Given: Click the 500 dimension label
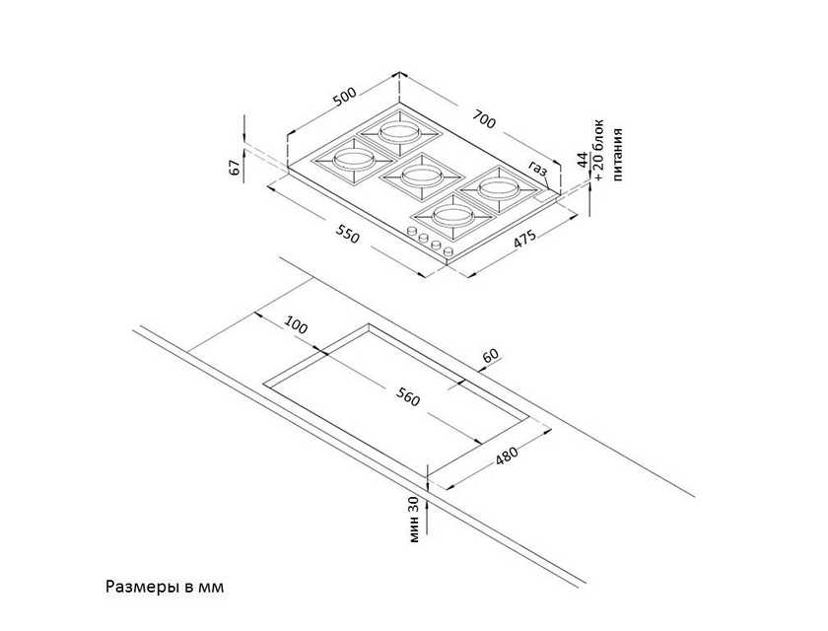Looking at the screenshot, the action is [344, 97].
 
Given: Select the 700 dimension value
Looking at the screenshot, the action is [484, 119].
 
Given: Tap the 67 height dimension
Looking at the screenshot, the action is [236, 167].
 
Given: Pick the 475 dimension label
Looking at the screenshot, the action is [524, 240].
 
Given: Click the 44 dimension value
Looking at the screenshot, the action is [582, 159].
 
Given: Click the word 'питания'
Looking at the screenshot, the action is [618, 155].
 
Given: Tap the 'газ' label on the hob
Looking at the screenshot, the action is [538, 169].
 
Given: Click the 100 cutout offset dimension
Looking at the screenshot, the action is [295, 324].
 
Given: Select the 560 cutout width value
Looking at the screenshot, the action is [407, 396].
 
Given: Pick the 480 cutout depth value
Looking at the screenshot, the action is [507, 456].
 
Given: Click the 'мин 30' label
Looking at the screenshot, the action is [414, 520].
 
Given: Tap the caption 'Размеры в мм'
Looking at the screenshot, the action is [165, 587].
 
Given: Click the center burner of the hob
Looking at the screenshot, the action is [413, 176].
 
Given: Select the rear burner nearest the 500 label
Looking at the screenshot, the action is [398, 131].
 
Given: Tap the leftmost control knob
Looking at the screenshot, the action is [411, 232].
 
